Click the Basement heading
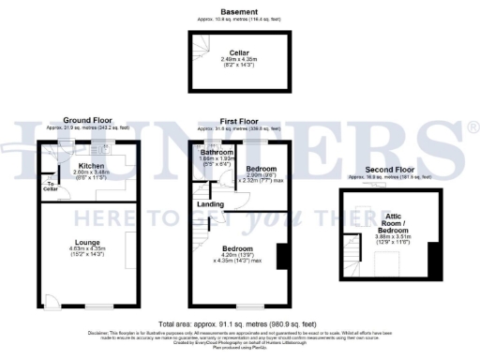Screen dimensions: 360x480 pos(239,11)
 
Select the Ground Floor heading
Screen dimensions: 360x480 pos(87,120)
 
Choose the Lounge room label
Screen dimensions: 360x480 pos(87,243)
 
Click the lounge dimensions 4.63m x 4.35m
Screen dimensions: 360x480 pos(87,249)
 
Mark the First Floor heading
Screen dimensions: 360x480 pos(232,121)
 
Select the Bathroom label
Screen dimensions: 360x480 pos(216,153)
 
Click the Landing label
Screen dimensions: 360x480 pos(208,203)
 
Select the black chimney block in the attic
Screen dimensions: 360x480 pos(432,261)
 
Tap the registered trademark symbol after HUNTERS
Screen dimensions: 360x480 pos(472,126)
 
